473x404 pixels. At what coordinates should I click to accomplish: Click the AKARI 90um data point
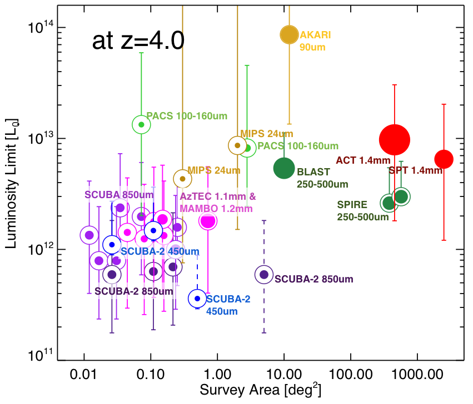pos(289,34)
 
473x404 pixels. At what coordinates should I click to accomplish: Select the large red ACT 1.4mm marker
pos(395,140)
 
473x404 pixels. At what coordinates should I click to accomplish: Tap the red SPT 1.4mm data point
pos(444,159)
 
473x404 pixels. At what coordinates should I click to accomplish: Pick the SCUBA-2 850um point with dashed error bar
pos(264,275)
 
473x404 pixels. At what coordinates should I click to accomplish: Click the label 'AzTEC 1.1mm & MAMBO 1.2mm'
pos(217,203)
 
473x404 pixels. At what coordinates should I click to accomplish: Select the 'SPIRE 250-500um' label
pos(362,210)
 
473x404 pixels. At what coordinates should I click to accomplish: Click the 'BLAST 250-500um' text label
pos(322,178)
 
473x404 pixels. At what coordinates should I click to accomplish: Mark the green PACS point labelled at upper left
pos(141,124)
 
